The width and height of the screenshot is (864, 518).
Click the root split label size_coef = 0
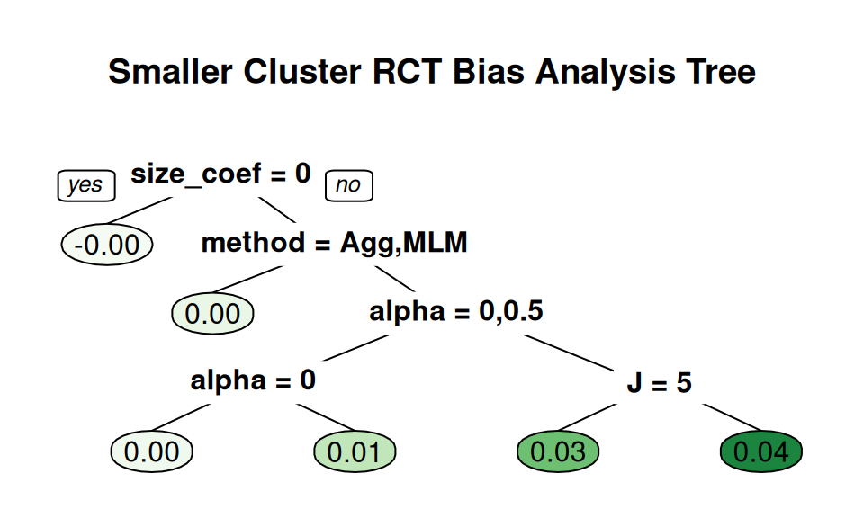[x=220, y=174]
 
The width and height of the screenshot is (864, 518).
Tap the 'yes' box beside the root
[x=85, y=185]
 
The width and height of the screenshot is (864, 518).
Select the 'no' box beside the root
[x=347, y=185]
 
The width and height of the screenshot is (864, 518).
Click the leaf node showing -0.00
[x=106, y=244]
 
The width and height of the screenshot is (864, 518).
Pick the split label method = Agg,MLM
[x=334, y=242]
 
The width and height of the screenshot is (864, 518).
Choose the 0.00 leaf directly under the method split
[x=212, y=313]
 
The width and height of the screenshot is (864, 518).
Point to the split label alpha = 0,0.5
[x=456, y=312]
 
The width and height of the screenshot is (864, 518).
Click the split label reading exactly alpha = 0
[x=253, y=380]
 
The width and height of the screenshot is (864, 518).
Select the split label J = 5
[x=660, y=383]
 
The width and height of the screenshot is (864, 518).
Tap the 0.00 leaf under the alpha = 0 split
[x=151, y=451]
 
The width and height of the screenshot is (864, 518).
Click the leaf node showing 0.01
[x=355, y=451]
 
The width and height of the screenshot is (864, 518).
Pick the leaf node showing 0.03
[x=558, y=451]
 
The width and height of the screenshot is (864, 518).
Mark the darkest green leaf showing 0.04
[x=761, y=451]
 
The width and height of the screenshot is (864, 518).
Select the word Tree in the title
[x=724, y=72]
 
